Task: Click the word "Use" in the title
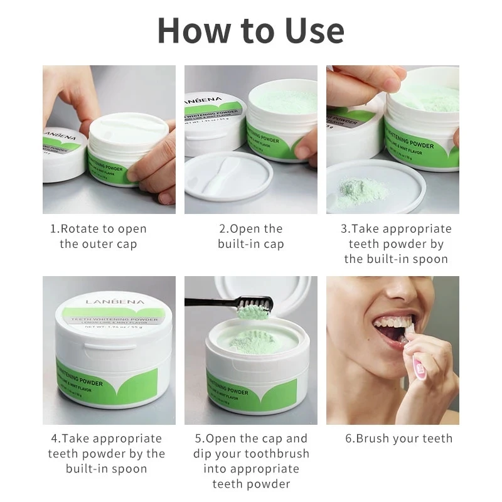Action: [312, 29]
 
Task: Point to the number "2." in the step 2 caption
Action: [224, 229]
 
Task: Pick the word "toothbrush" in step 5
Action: [278, 454]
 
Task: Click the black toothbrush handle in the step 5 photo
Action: [207, 302]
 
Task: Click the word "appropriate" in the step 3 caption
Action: [417, 229]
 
